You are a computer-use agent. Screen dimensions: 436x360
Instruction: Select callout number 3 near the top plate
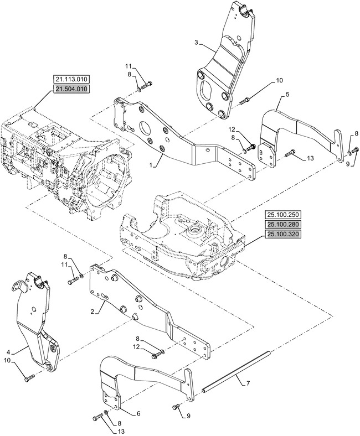[x=197, y=43]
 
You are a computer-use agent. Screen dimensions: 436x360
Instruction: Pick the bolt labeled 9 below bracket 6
[x=176, y=407]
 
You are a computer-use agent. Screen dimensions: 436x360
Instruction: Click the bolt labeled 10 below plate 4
[x=29, y=378]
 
